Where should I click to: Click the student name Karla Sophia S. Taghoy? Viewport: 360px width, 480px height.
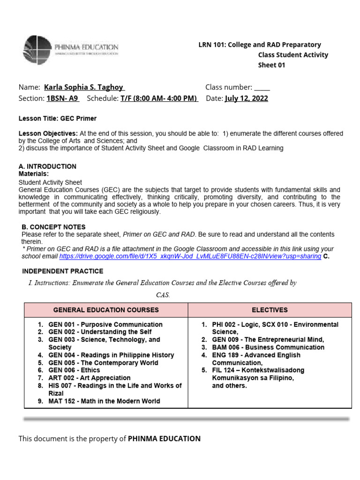click(84, 87)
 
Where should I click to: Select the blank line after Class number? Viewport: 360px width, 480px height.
click(262, 88)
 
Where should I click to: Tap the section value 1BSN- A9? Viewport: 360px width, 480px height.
click(63, 98)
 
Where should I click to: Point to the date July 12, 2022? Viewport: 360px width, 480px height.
click(247, 98)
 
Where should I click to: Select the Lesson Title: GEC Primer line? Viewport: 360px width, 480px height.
click(57, 119)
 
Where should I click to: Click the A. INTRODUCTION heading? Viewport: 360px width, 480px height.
click(47, 166)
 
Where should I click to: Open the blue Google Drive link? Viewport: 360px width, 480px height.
click(190, 257)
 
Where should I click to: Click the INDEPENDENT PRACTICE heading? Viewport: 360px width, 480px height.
click(63, 271)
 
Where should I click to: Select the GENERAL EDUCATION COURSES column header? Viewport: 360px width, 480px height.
click(106, 310)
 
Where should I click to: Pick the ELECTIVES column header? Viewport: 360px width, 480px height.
click(270, 310)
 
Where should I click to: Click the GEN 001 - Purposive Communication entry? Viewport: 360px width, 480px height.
click(105, 324)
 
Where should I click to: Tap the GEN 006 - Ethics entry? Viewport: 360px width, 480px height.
click(74, 370)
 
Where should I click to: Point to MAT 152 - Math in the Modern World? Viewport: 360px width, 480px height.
click(104, 401)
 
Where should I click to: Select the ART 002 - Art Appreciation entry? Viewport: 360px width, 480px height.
click(90, 378)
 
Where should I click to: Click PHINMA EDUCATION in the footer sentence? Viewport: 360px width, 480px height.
click(164, 439)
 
